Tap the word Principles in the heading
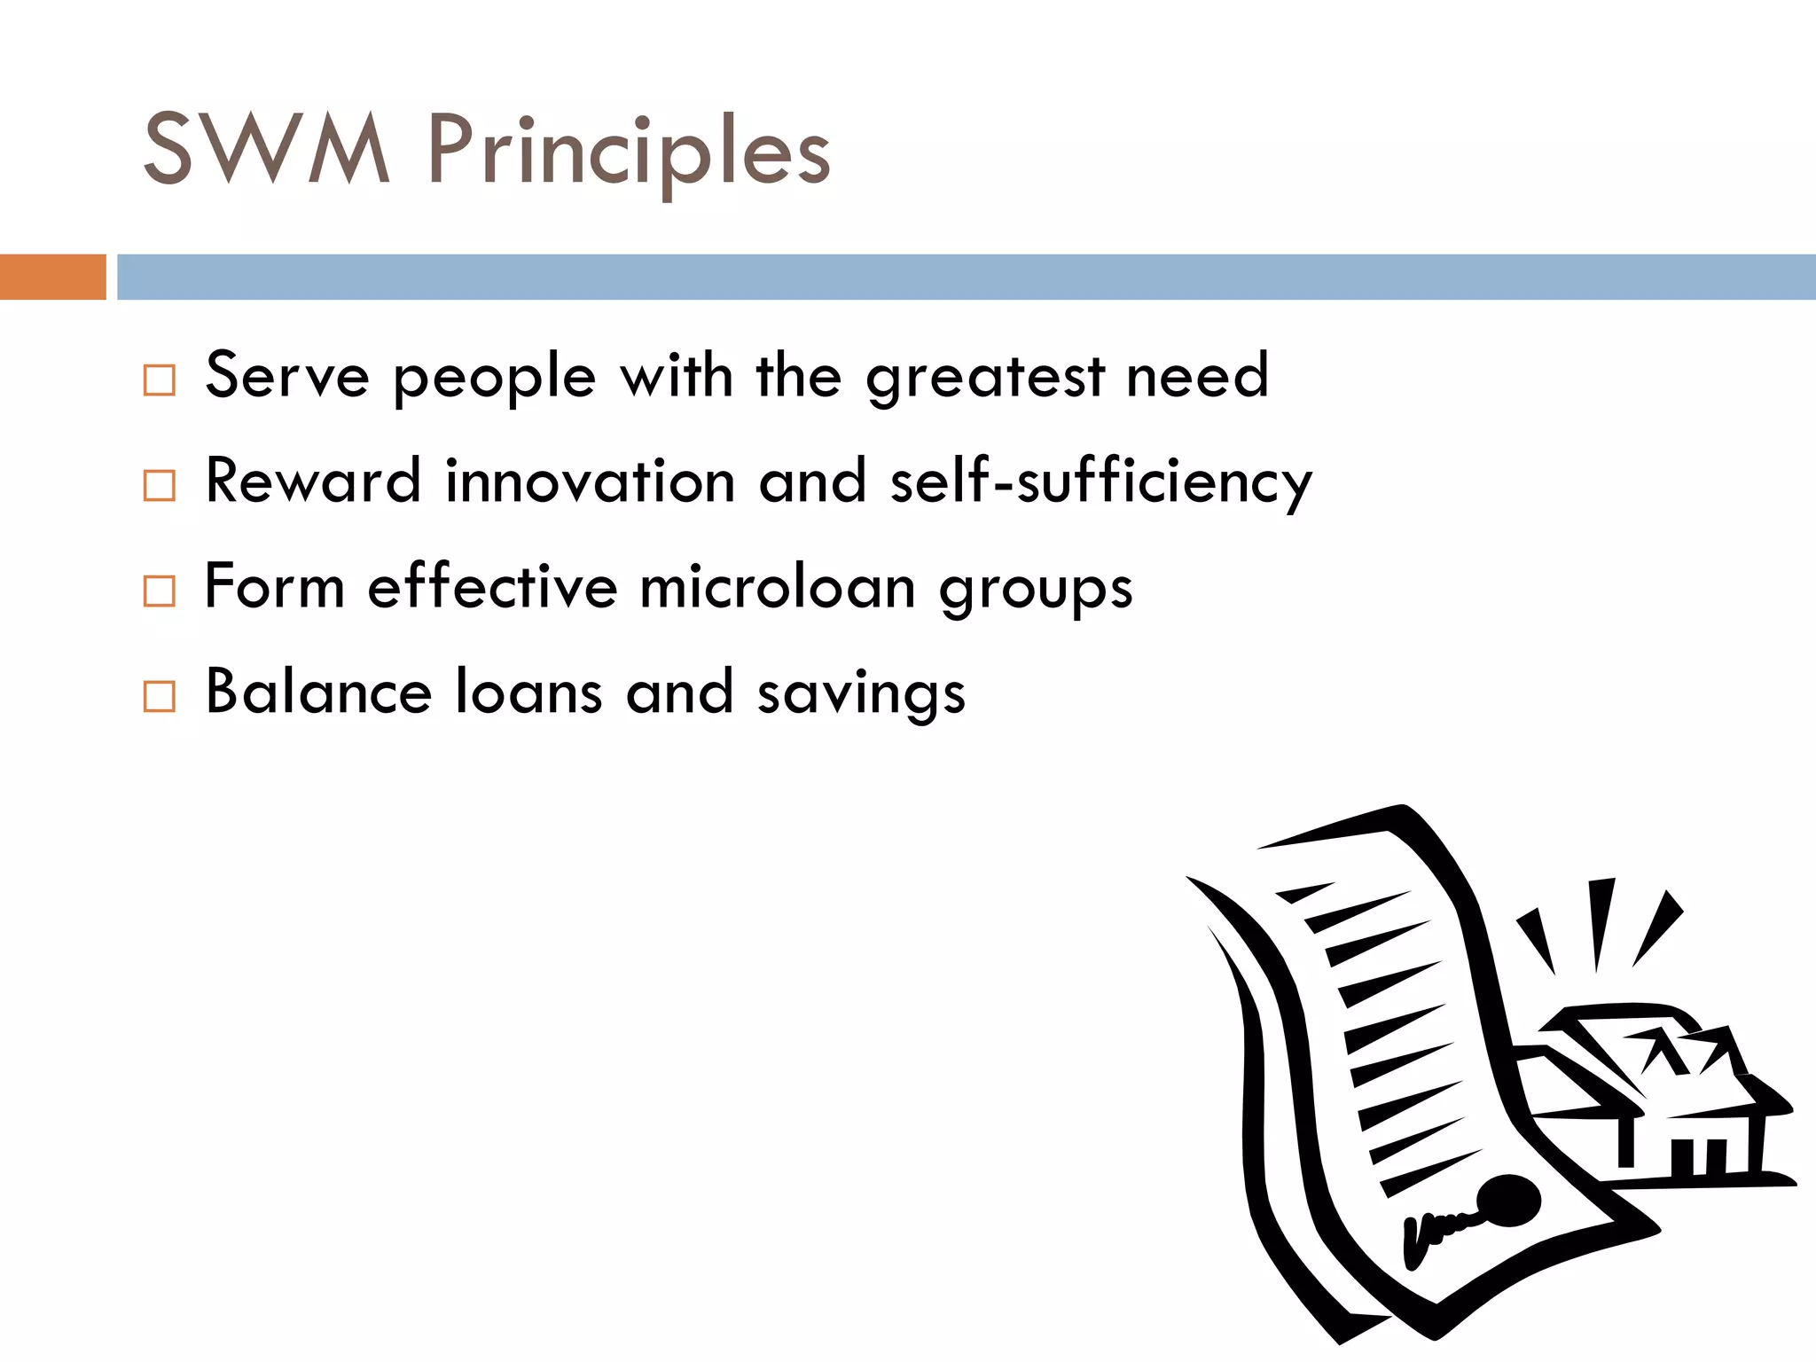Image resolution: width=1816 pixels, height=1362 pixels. point(629,153)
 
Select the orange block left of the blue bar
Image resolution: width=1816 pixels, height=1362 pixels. point(52,277)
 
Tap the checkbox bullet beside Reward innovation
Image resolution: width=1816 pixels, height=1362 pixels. point(160,485)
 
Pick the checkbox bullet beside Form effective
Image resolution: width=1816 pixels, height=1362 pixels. point(160,591)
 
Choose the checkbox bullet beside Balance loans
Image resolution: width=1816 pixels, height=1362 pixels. point(160,696)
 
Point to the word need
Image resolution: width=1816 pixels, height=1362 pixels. point(1197,376)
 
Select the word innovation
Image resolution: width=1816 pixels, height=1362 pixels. point(590,481)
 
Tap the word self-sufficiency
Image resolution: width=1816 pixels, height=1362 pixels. point(1100,483)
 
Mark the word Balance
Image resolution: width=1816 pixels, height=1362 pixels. point(318,692)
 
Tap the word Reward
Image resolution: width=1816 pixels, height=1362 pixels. point(313,481)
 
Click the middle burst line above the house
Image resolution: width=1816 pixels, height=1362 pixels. point(1600,922)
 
